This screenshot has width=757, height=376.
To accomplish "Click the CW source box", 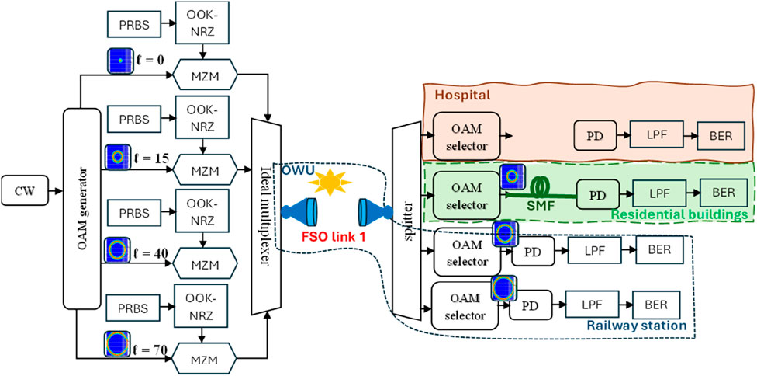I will point(26,188).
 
